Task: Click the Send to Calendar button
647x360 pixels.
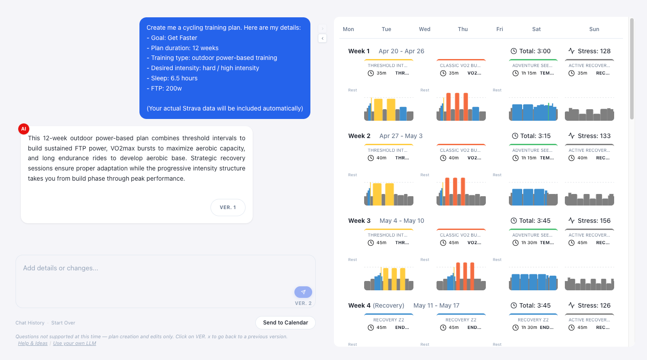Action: pos(285,323)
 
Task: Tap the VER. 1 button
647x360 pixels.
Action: pos(228,207)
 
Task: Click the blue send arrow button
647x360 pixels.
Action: pos(303,292)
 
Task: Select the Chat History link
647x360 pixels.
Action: pos(30,323)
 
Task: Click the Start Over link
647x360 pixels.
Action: pos(63,323)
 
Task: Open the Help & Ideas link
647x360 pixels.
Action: pos(33,343)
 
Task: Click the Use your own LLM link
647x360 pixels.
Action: pos(75,343)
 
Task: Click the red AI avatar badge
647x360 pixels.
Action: pos(24,129)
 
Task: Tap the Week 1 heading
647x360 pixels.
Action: pos(359,51)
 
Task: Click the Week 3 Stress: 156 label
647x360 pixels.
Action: pos(589,221)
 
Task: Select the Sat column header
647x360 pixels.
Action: pos(536,29)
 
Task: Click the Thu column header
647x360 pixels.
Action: pos(463,29)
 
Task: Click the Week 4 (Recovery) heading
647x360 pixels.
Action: pos(376,305)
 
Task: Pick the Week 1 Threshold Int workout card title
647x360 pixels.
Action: pos(388,66)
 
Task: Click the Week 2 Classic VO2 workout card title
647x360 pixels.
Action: pos(460,150)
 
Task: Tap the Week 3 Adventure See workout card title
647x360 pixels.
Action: pos(532,235)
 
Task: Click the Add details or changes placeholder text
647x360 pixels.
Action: pos(61,268)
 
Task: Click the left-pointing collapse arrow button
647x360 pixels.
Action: pos(322,38)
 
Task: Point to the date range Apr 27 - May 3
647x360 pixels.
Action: pos(401,136)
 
